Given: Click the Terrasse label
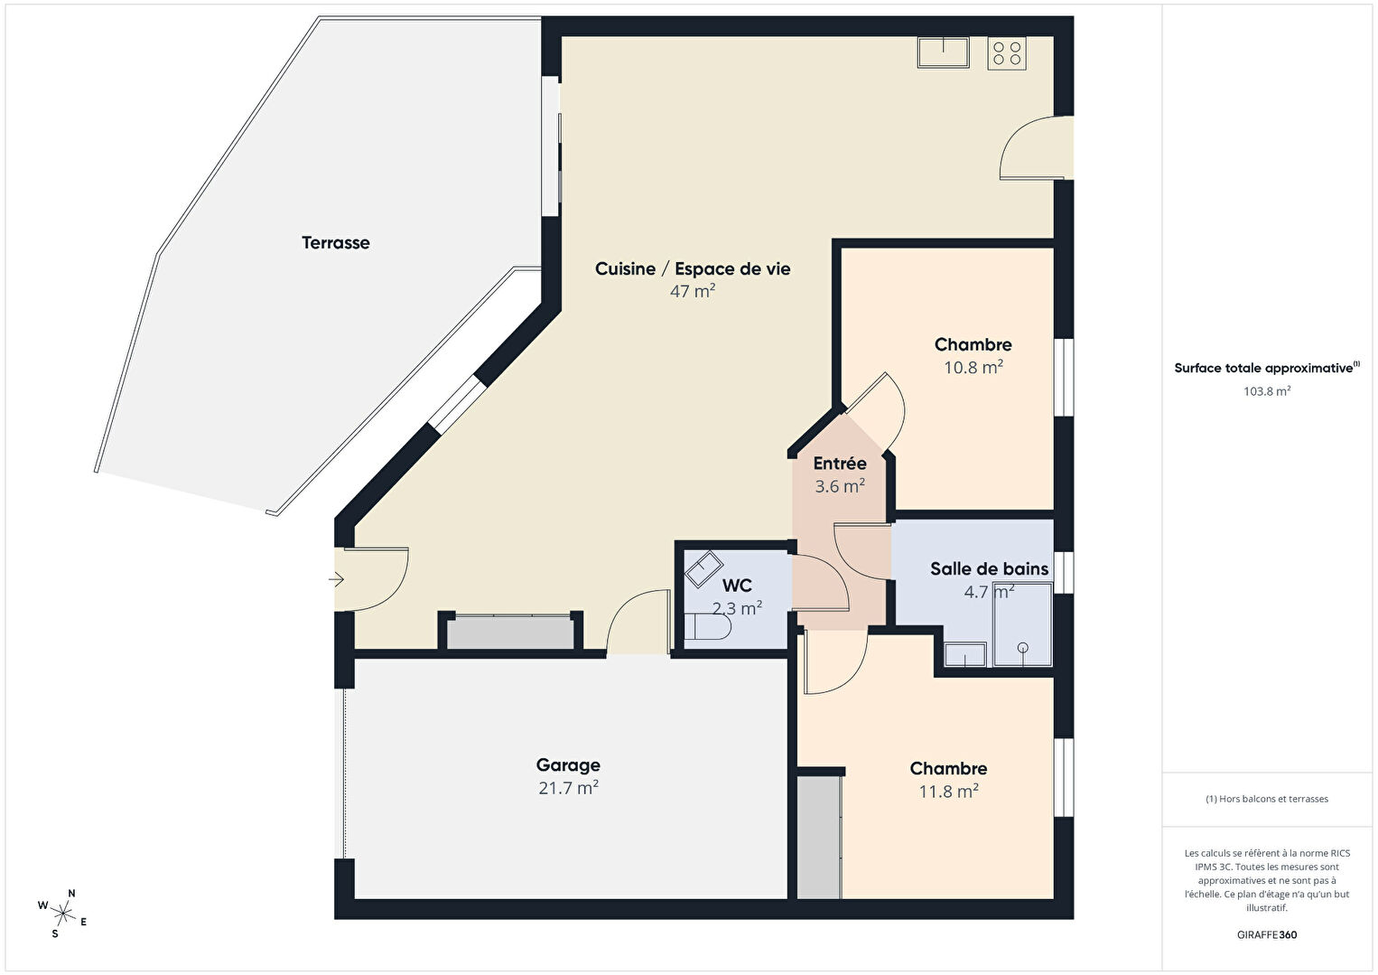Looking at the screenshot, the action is [335, 242].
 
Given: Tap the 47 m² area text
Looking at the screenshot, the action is [692, 291].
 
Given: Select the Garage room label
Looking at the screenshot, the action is [568, 765].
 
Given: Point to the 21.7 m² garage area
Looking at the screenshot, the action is [568, 788].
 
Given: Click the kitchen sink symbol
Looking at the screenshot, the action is [943, 52].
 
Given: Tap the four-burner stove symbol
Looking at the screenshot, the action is [1007, 52].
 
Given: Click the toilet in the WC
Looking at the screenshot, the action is [707, 626].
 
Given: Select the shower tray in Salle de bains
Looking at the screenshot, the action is [1022, 624].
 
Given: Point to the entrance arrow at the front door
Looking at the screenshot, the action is [336, 579].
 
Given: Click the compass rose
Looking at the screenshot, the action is [62, 914].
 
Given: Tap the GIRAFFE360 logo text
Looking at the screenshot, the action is [1267, 934].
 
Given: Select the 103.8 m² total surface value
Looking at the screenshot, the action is [1267, 391].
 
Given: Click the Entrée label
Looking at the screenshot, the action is [840, 464].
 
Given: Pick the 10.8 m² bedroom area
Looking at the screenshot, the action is [973, 368].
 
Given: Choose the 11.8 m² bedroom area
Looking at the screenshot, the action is [948, 791].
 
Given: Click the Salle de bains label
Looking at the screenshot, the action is [989, 568].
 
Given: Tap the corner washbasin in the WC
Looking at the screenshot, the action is [703, 568].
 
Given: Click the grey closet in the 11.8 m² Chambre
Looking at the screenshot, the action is [819, 837].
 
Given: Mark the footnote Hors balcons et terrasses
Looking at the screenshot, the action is [1267, 799].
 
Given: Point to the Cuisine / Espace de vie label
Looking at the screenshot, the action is [693, 269].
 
